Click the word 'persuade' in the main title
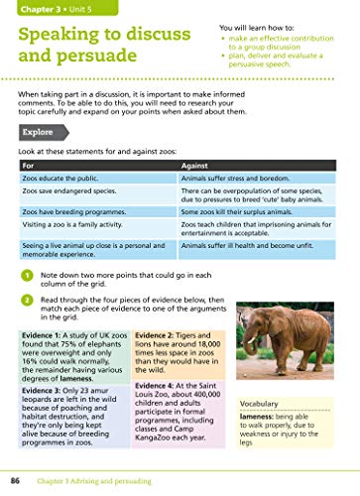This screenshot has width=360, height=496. point(91,73)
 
